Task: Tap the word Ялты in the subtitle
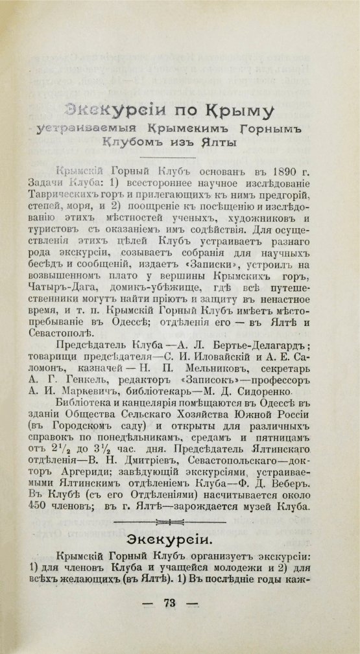pos(219,142)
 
